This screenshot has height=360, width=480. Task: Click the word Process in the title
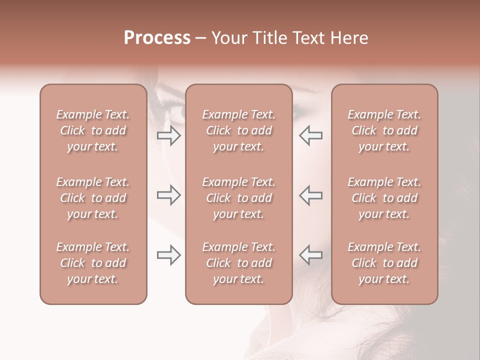pyautogui.click(x=157, y=38)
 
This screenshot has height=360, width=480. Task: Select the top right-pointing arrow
pyautogui.click(x=168, y=135)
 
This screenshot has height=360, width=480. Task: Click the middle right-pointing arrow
pyautogui.click(x=168, y=195)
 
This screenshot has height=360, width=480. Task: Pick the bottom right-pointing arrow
pyautogui.click(x=168, y=255)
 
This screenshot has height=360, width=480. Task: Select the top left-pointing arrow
pyautogui.click(x=311, y=135)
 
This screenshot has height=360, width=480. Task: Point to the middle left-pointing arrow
pyautogui.click(x=311, y=195)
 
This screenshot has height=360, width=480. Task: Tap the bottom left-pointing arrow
pyautogui.click(x=311, y=255)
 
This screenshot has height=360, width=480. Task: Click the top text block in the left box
pyautogui.click(x=93, y=130)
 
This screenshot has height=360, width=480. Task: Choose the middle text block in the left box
pyautogui.click(x=93, y=198)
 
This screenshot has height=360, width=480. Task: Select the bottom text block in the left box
pyautogui.click(x=93, y=263)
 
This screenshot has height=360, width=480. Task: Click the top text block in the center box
pyautogui.click(x=238, y=130)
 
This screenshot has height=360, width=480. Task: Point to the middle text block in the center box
pyautogui.click(x=238, y=198)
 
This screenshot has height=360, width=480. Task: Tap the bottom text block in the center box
pyautogui.click(x=238, y=263)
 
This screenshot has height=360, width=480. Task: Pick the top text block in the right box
pyautogui.click(x=384, y=130)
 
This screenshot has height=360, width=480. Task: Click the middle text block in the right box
pyautogui.click(x=384, y=198)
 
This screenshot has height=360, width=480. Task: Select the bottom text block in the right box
pyautogui.click(x=384, y=263)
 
